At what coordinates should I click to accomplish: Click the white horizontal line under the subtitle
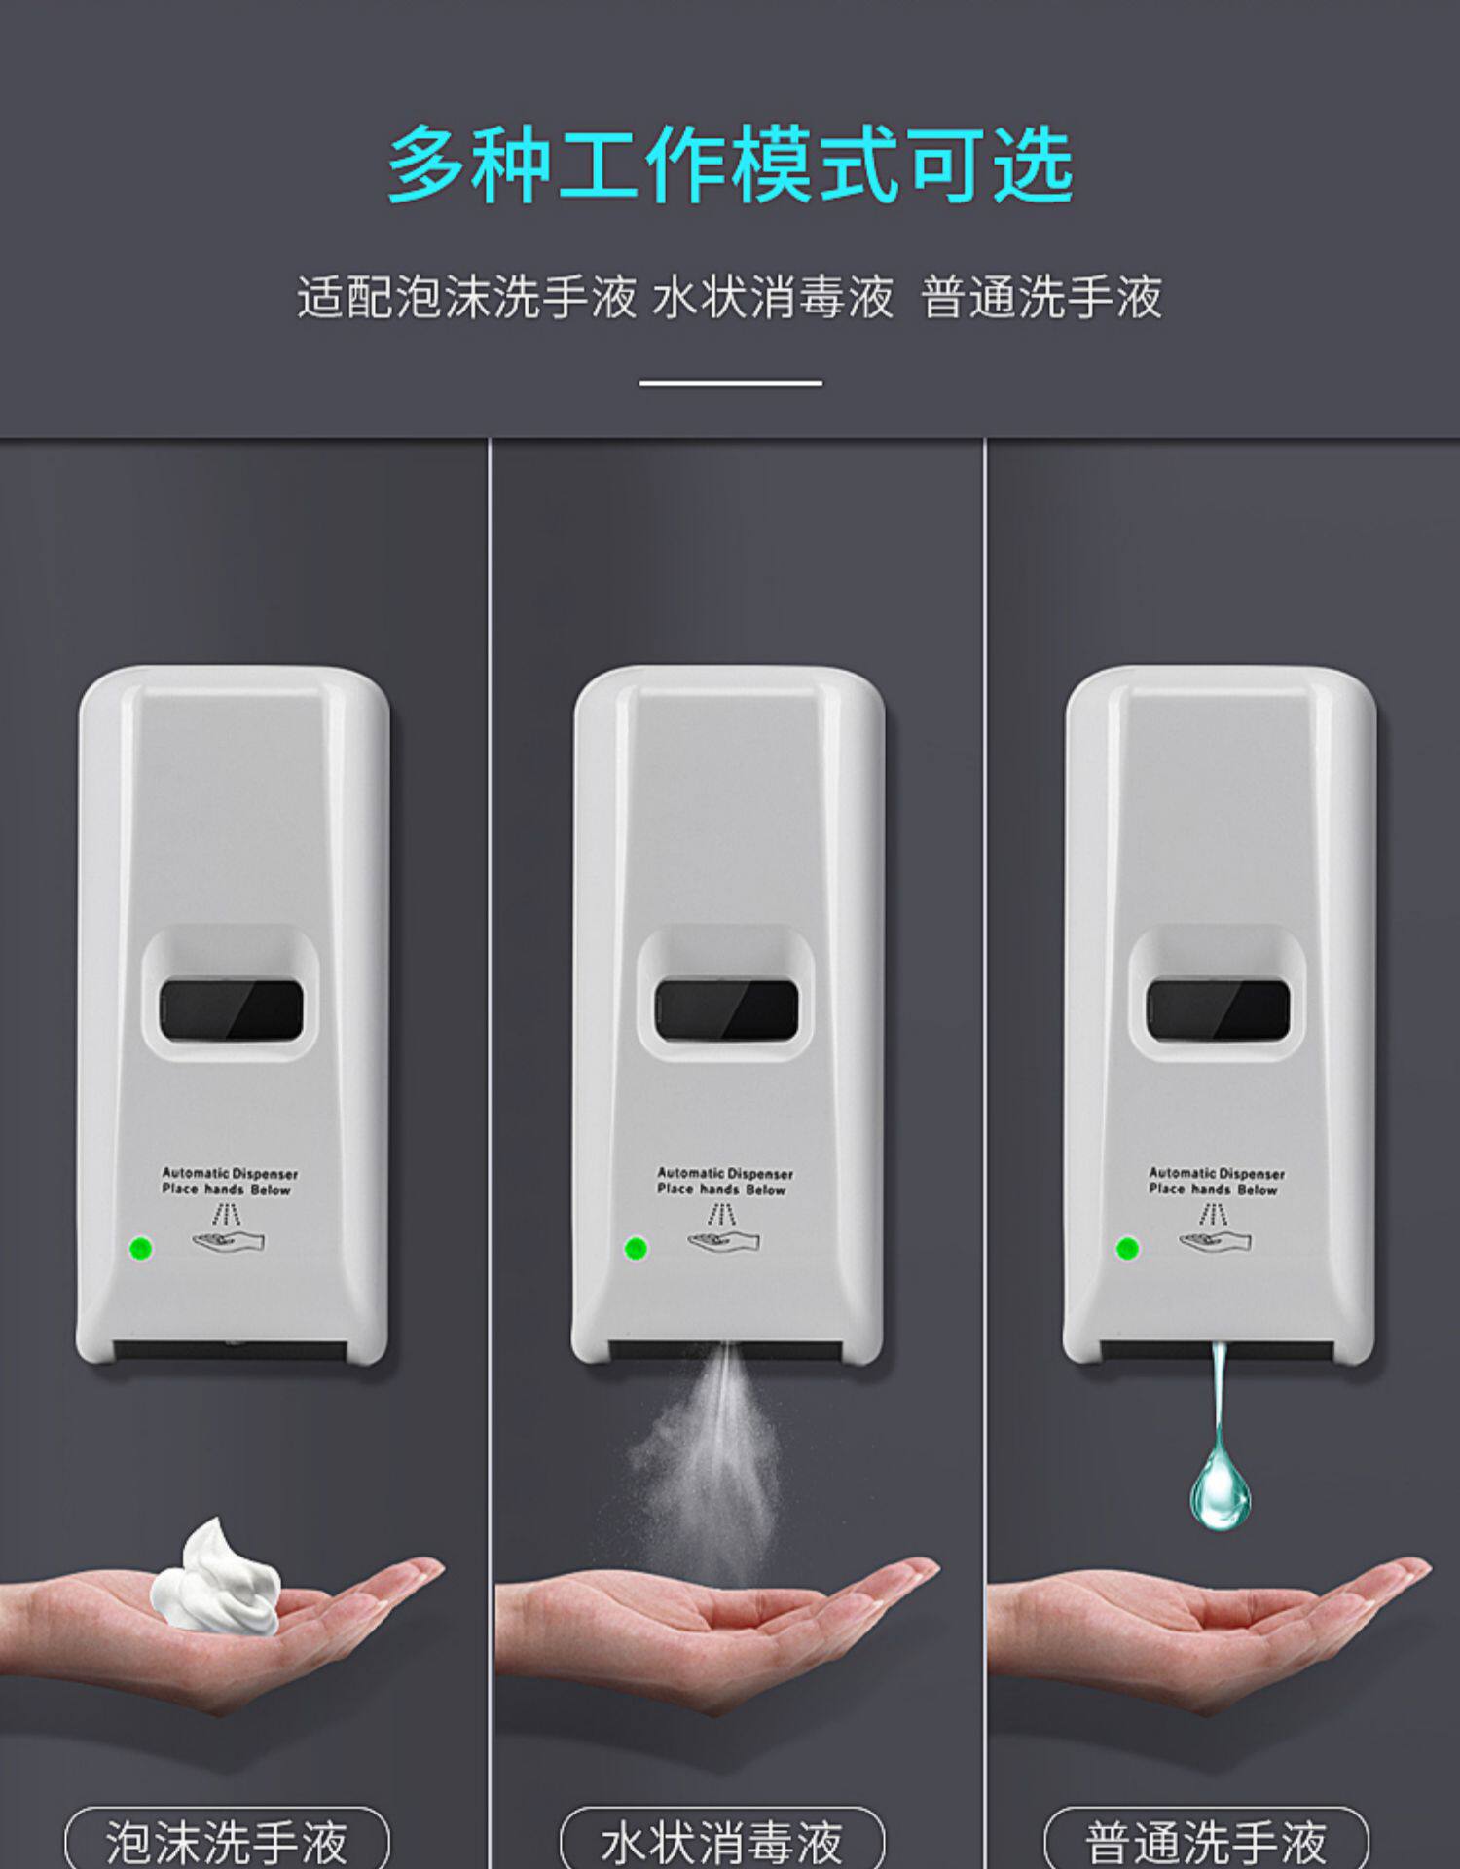click(730, 384)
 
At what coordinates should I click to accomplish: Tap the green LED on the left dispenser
click(141, 1248)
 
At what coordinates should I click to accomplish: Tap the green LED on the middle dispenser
click(636, 1248)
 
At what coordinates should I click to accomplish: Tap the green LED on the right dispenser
click(1128, 1248)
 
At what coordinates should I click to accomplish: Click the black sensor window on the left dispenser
click(232, 1010)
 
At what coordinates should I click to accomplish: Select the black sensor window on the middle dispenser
click(726, 1010)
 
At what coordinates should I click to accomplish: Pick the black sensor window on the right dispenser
click(1219, 1010)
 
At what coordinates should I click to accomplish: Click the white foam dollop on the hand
click(216, 1578)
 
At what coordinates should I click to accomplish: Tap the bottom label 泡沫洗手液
click(227, 1841)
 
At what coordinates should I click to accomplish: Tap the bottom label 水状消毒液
click(722, 1841)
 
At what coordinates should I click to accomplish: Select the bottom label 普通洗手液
click(1206, 1841)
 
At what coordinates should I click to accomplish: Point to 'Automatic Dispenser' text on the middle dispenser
click(725, 1174)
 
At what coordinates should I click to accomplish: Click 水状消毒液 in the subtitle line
click(773, 297)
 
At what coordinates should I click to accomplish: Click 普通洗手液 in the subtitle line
click(1041, 297)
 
